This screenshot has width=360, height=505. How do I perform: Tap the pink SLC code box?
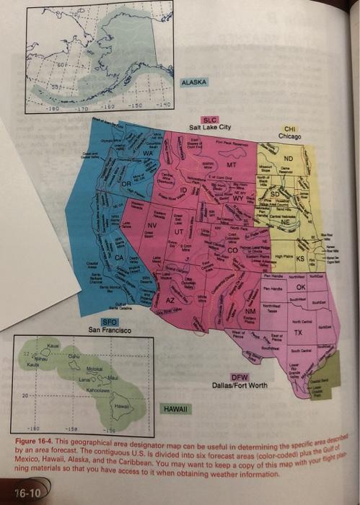point(210,120)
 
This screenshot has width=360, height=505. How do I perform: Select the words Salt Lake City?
point(210,128)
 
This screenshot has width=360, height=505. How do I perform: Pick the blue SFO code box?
point(109,322)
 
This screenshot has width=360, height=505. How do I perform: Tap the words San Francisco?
point(109,330)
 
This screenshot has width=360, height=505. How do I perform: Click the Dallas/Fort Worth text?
point(240,385)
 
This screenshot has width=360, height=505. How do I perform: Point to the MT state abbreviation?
point(232,166)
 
